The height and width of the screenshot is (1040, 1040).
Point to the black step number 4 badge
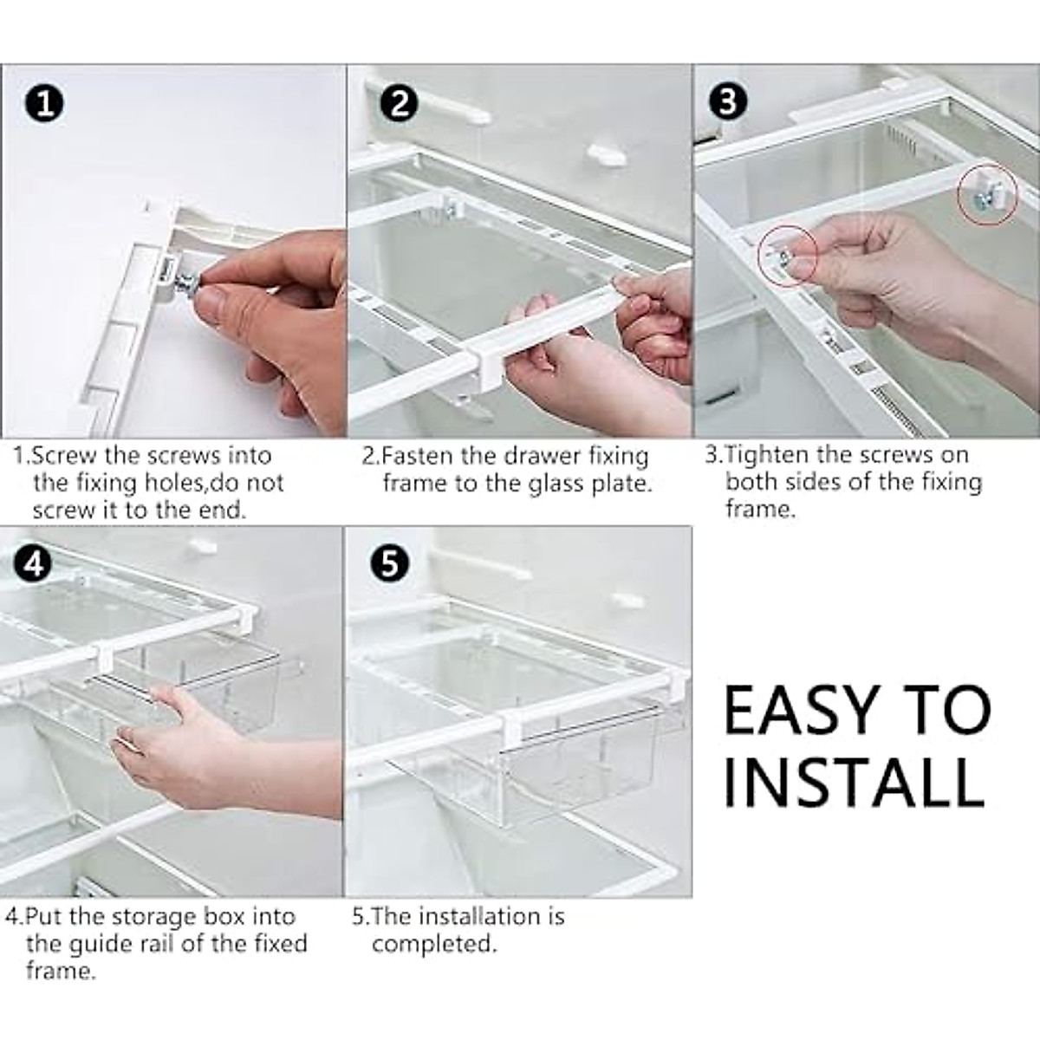click(x=33, y=564)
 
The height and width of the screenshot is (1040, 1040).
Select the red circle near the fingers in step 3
click(x=787, y=255)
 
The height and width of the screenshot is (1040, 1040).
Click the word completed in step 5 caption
click(x=434, y=943)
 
